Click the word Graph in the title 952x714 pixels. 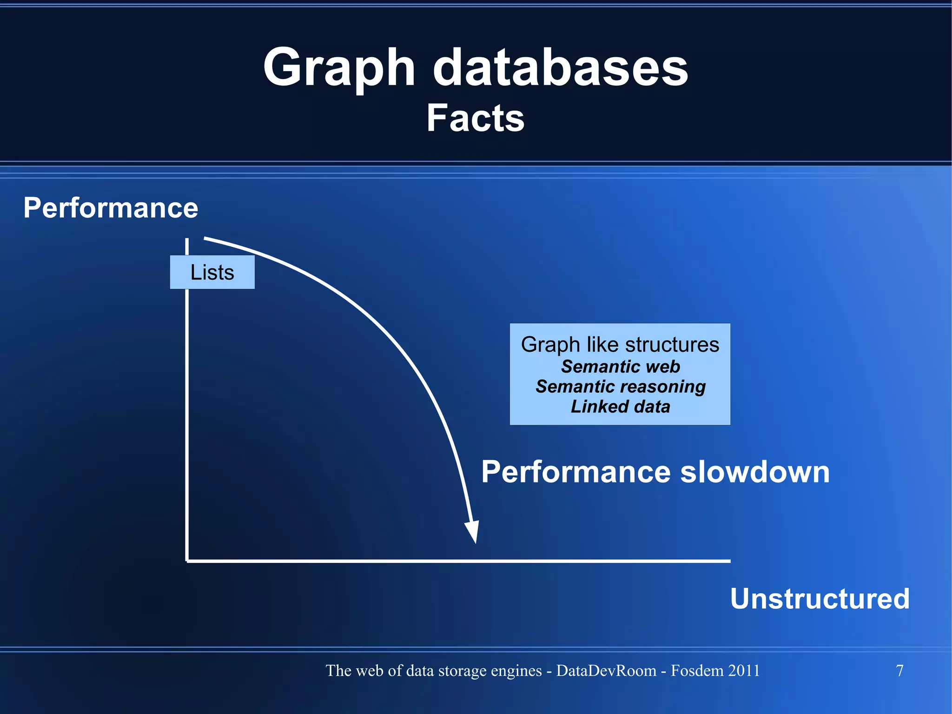pos(339,68)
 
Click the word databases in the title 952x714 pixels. pos(560,68)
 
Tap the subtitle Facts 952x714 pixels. pos(476,118)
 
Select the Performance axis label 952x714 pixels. pos(111,208)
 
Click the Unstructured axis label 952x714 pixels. pos(820,599)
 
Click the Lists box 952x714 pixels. pos(212,272)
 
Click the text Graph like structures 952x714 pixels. pos(620,345)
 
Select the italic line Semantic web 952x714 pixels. pos(620,367)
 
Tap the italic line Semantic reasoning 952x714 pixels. pos(620,387)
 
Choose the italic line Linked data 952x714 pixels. pos(620,407)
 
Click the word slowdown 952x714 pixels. pos(755,472)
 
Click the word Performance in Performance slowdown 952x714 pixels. pos(575,472)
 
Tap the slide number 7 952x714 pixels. pos(899,671)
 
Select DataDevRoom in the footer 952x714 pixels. pos(606,671)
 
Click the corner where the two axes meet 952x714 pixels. pos(187,561)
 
